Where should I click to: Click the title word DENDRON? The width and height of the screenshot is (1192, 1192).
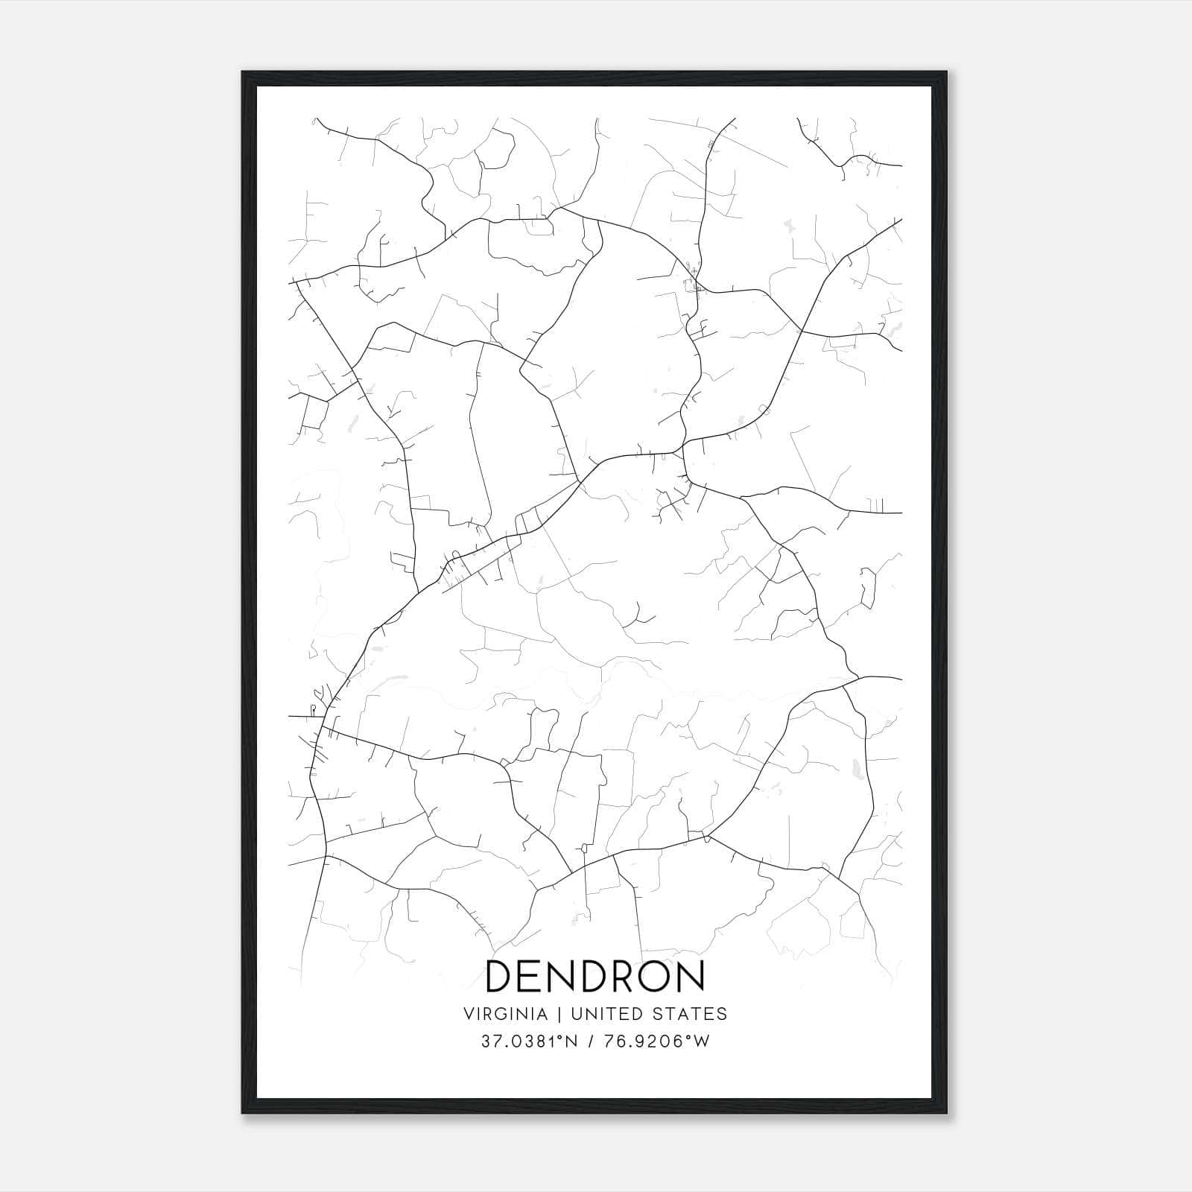[595, 976]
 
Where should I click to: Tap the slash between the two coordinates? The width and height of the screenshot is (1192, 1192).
[592, 1042]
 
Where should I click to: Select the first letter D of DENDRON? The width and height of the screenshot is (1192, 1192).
[500, 976]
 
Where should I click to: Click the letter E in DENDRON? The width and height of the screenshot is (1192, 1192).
[530, 976]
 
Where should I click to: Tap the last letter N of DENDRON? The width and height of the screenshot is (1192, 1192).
[691, 976]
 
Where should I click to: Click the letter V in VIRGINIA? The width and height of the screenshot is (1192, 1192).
[469, 1014]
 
